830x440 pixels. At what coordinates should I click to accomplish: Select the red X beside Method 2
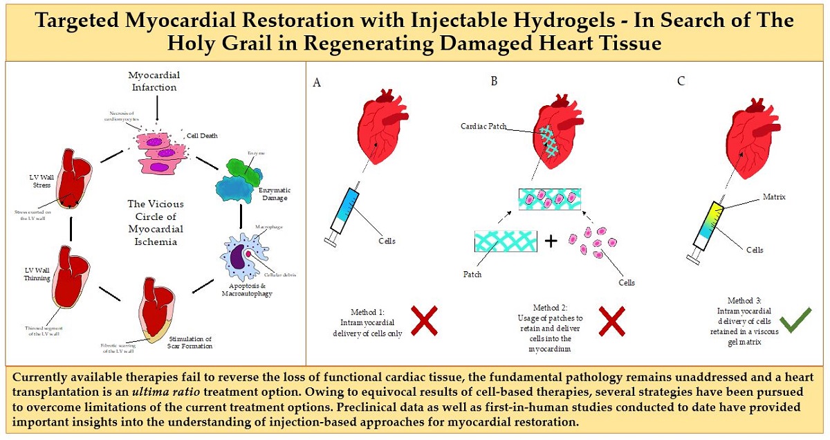pos(611,321)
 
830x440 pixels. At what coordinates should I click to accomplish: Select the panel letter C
pos(681,82)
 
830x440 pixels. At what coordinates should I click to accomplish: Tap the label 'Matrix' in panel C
pos(773,196)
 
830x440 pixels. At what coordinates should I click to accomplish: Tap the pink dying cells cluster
pos(160,153)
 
